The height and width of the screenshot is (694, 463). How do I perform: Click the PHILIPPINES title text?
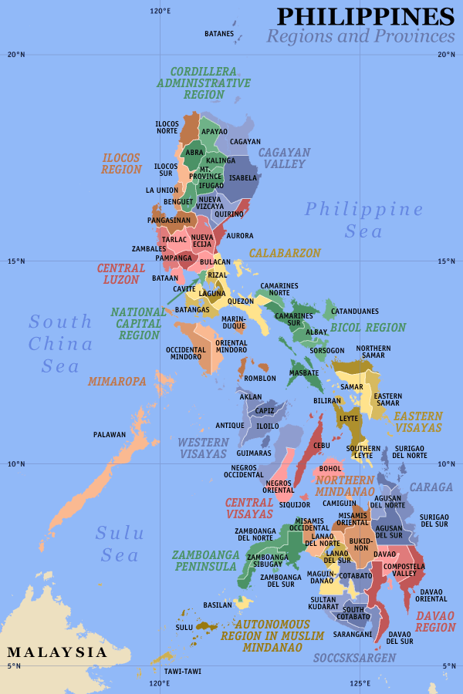366,16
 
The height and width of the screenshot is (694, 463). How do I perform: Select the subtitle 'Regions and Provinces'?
360,36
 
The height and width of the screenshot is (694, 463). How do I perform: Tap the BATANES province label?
219,34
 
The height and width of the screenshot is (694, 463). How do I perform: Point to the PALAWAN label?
110,435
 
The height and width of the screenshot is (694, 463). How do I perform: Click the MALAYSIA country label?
57,652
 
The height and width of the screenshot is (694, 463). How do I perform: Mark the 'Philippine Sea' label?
363,220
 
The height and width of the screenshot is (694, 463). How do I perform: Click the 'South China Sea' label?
61,344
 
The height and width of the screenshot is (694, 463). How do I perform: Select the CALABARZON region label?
284,253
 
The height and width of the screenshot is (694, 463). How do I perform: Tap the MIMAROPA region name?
117,381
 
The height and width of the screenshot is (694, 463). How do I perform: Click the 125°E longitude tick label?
359,683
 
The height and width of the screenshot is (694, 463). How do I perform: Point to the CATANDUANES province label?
355,312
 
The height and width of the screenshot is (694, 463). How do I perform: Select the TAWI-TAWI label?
183,671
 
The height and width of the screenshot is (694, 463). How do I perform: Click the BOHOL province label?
330,468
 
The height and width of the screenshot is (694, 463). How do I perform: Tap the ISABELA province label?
243,177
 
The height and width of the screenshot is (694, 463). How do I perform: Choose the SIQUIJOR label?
294,505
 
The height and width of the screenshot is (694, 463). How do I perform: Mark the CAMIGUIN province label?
340,503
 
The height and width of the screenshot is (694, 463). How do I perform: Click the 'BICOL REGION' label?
368,328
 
